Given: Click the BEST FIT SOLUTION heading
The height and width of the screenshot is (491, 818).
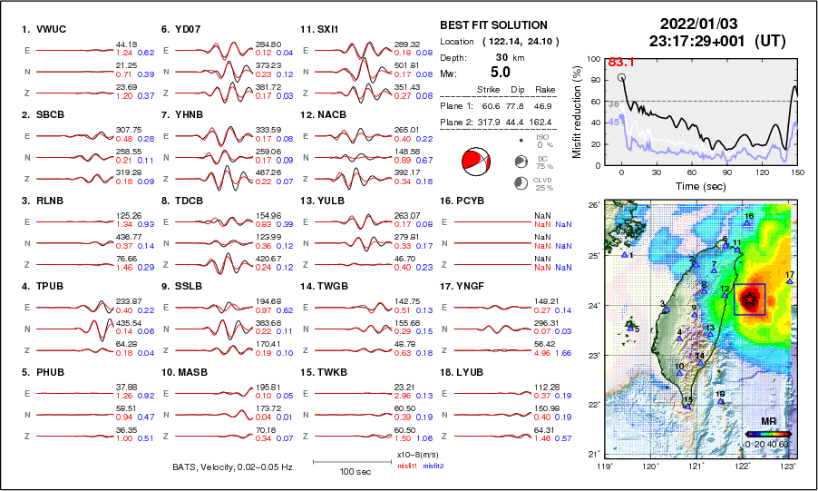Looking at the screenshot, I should click(493, 25).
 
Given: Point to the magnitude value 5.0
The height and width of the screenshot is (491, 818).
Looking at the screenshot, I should click(500, 72).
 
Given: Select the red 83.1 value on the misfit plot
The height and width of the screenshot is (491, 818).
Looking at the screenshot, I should click(621, 63).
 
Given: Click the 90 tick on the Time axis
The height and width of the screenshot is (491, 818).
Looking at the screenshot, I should click(727, 172).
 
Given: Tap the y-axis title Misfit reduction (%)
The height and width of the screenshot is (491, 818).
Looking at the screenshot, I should click(577, 112).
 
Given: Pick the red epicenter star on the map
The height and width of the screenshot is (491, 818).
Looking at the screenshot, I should click(750, 298).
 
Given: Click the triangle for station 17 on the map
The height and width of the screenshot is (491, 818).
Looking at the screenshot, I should click(790, 281).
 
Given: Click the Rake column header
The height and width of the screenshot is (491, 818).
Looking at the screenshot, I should click(544, 90).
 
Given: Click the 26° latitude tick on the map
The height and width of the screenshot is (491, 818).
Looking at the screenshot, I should click(592, 206).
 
